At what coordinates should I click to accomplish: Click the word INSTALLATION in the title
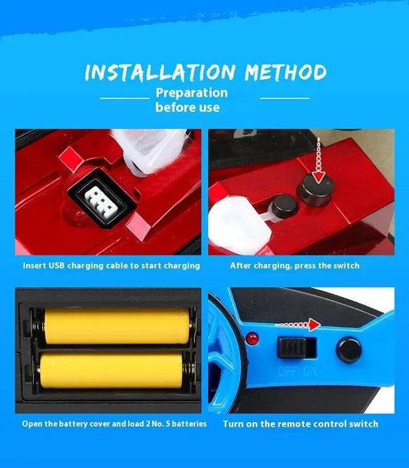coord(160,73)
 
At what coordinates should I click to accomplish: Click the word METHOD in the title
coord(285,72)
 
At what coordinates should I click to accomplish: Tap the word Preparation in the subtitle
coord(192,93)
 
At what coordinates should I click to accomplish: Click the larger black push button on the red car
coord(316,188)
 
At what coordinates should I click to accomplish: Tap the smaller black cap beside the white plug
coord(285,206)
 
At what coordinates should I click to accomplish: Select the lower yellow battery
coord(111,371)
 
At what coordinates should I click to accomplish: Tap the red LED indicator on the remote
coord(252,338)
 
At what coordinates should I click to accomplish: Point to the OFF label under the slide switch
coord(287,371)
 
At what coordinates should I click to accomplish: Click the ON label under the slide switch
coord(310,371)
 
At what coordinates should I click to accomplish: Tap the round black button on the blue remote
coord(348,350)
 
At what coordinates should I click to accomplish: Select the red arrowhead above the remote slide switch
coord(315,325)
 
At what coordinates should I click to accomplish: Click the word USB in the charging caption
coord(57,265)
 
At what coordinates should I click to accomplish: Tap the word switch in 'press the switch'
coord(346,265)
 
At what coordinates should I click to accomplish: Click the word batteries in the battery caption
coord(190,424)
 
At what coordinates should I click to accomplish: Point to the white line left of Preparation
coord(125,97)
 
